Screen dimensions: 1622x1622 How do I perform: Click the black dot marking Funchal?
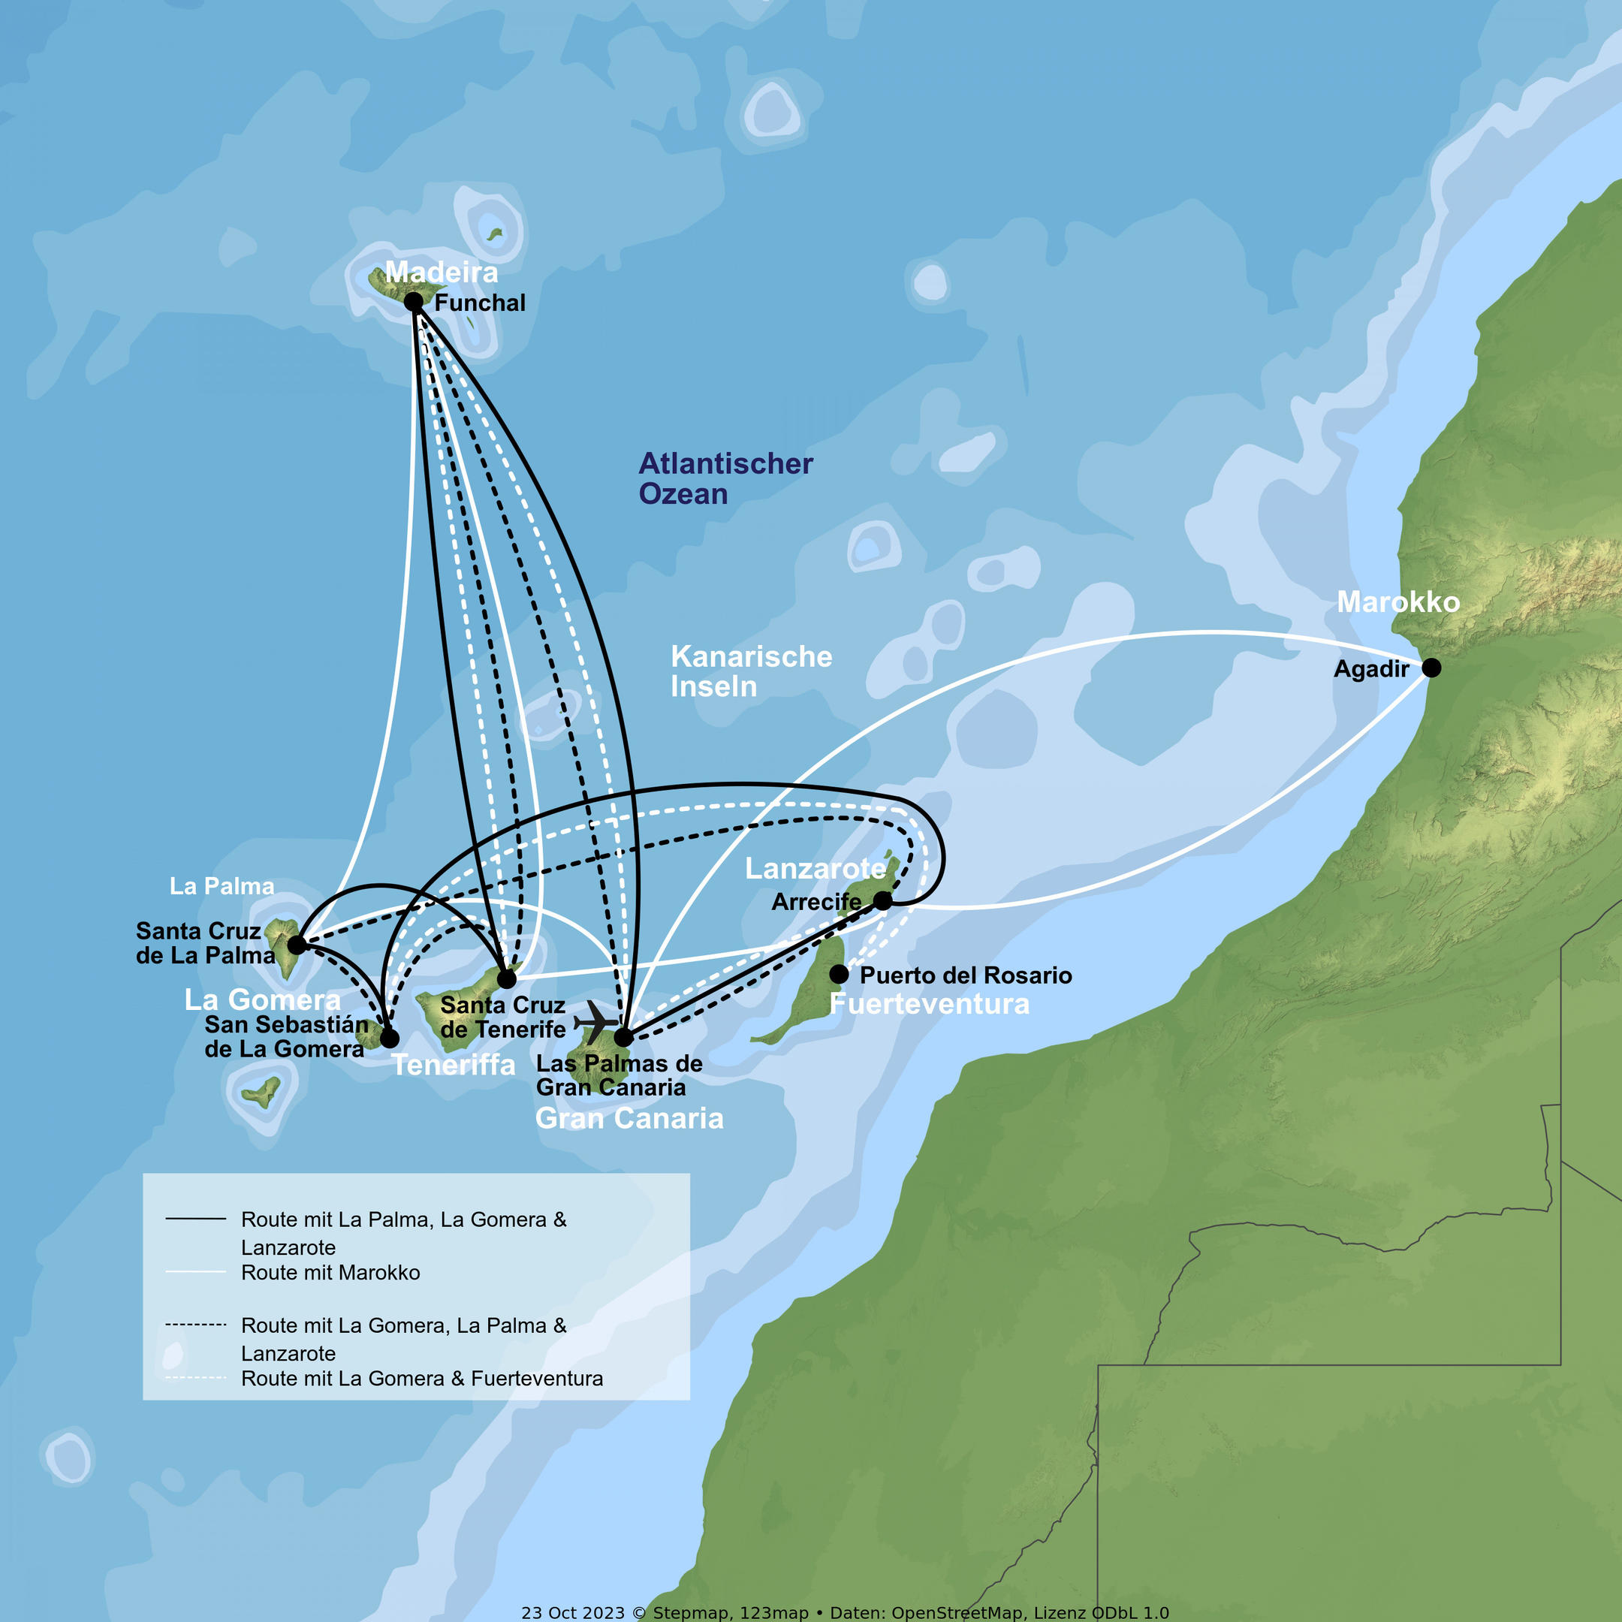pos(413,301)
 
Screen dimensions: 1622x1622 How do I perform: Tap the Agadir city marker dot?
pos(1431,668)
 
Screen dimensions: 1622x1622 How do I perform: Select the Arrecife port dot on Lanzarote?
pos(882,901)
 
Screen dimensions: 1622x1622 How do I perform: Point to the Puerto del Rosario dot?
pos(839,974)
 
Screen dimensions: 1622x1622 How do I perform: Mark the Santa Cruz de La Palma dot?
pos(297,945)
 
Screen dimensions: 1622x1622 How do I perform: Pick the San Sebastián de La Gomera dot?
pos(390,1039)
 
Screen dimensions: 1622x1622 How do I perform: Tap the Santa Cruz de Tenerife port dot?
pos(506,979)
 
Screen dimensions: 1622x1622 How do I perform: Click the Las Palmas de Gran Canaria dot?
pos(623,1038)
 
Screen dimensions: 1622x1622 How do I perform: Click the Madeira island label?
pos(441,272)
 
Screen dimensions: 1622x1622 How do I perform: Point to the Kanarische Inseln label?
pos(752,671)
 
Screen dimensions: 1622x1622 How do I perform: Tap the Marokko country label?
pos(1397,602)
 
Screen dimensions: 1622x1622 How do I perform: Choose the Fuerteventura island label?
pos(930,1004)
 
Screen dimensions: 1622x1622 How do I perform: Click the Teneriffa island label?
pos(454,1065)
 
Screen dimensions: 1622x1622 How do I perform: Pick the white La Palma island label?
pos(222,886)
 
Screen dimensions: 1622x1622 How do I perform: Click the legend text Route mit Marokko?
pos(330,1273)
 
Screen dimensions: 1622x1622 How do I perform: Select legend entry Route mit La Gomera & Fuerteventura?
pos(421,1379)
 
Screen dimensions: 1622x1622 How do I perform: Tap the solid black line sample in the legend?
pos(195,1218)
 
